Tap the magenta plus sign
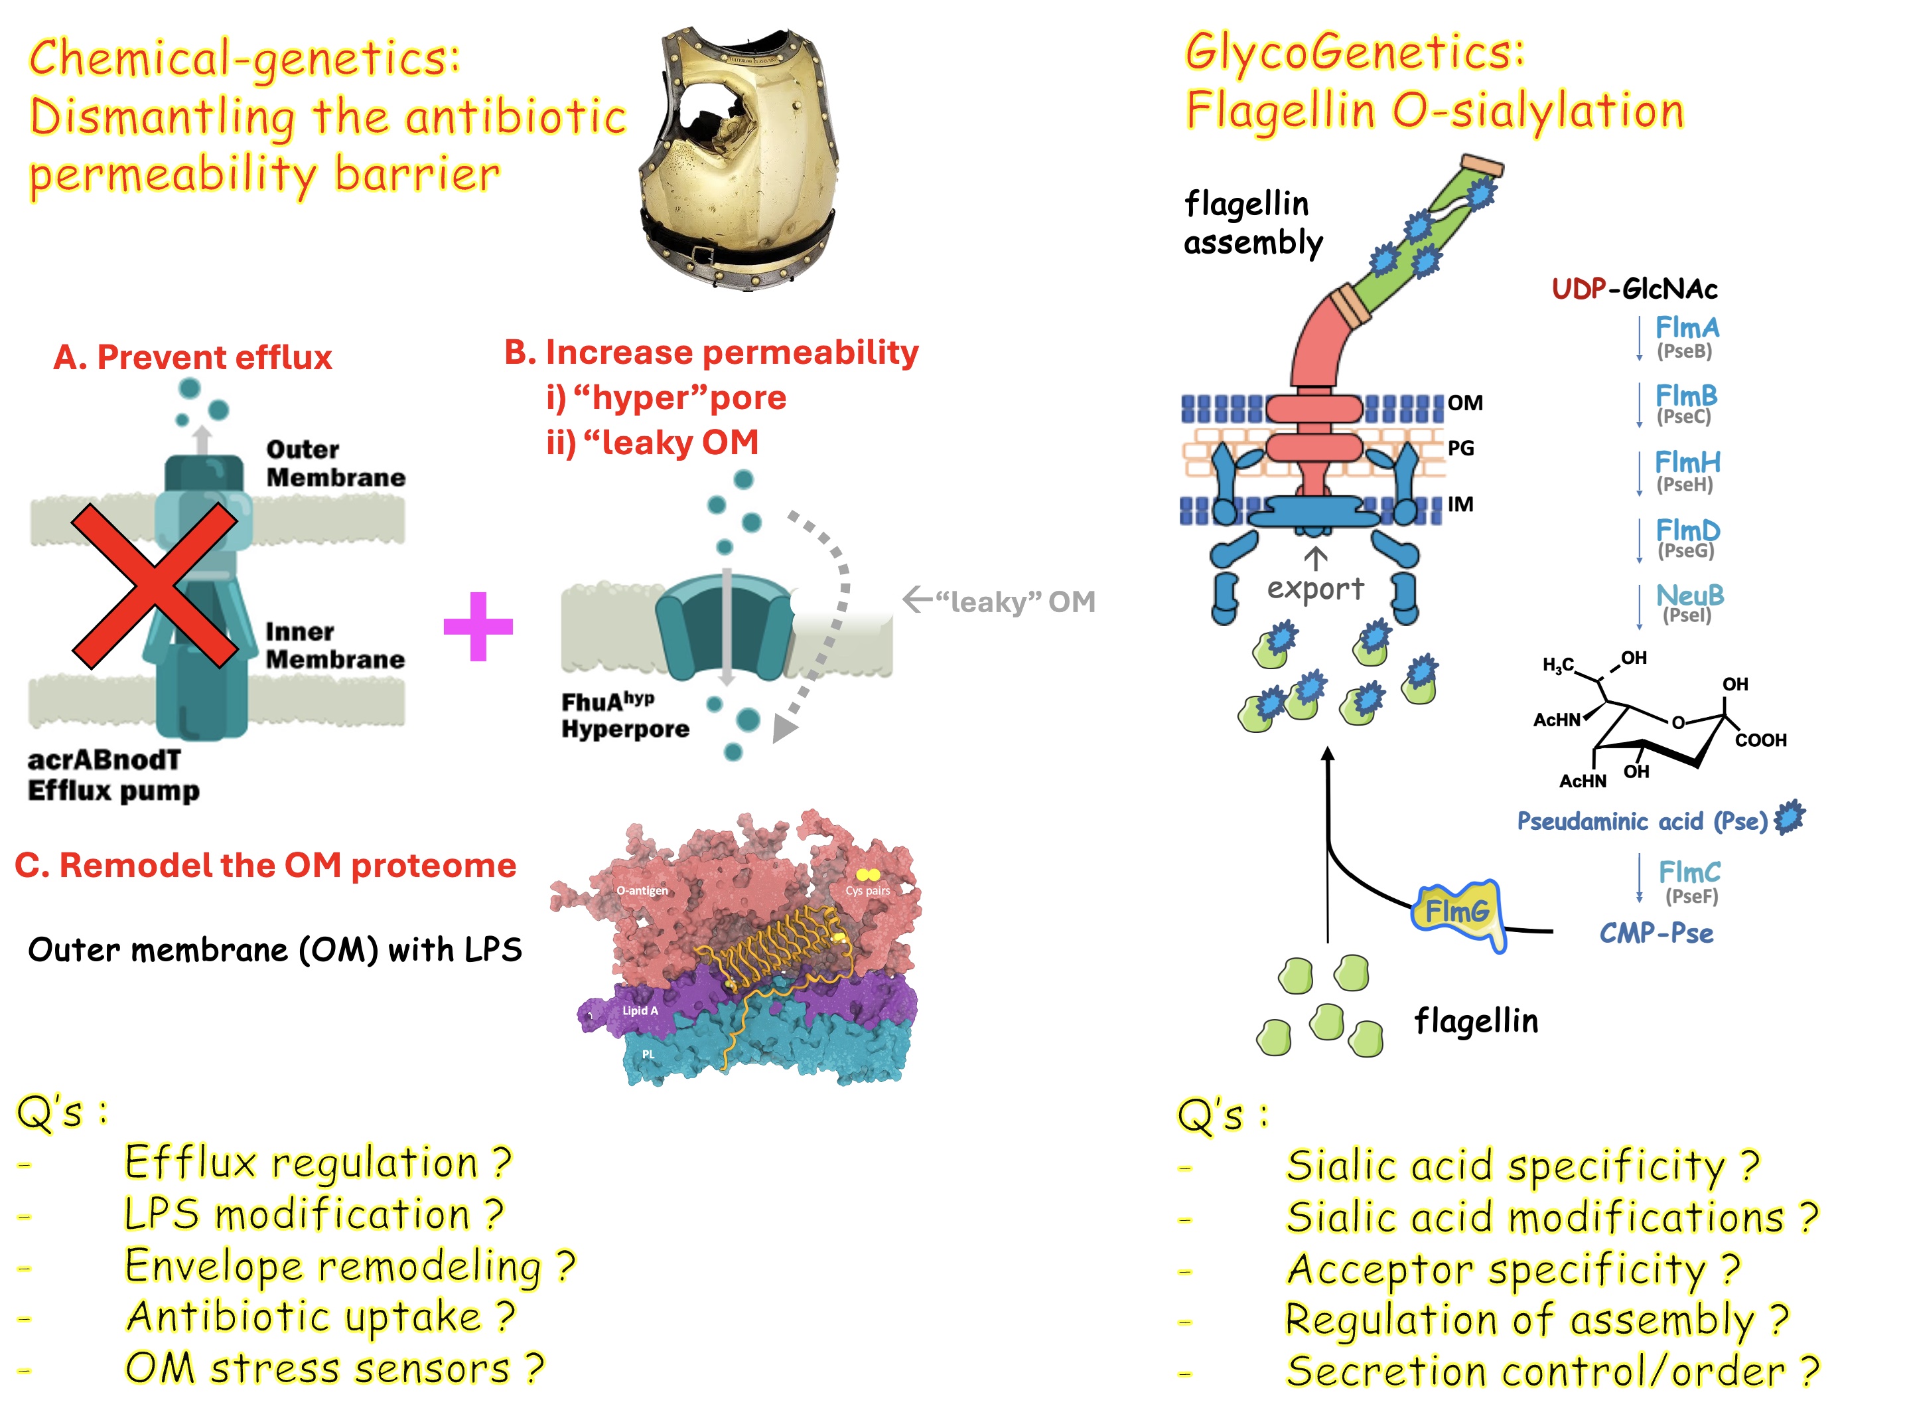[478, 627]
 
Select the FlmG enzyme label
[1457, 911]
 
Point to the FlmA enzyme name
[1686, 327]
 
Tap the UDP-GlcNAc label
[1634, 289]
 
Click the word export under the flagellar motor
[1315, 588]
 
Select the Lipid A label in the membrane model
[640, 1010]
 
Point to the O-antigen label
[642, 890]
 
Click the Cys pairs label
[867, 890]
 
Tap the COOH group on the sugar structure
[1760, 740]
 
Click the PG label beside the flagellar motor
[1460, 448]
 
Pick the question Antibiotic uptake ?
[320, 1316]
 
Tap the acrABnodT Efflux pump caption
[113, 775]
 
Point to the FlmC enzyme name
[1689, 872]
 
